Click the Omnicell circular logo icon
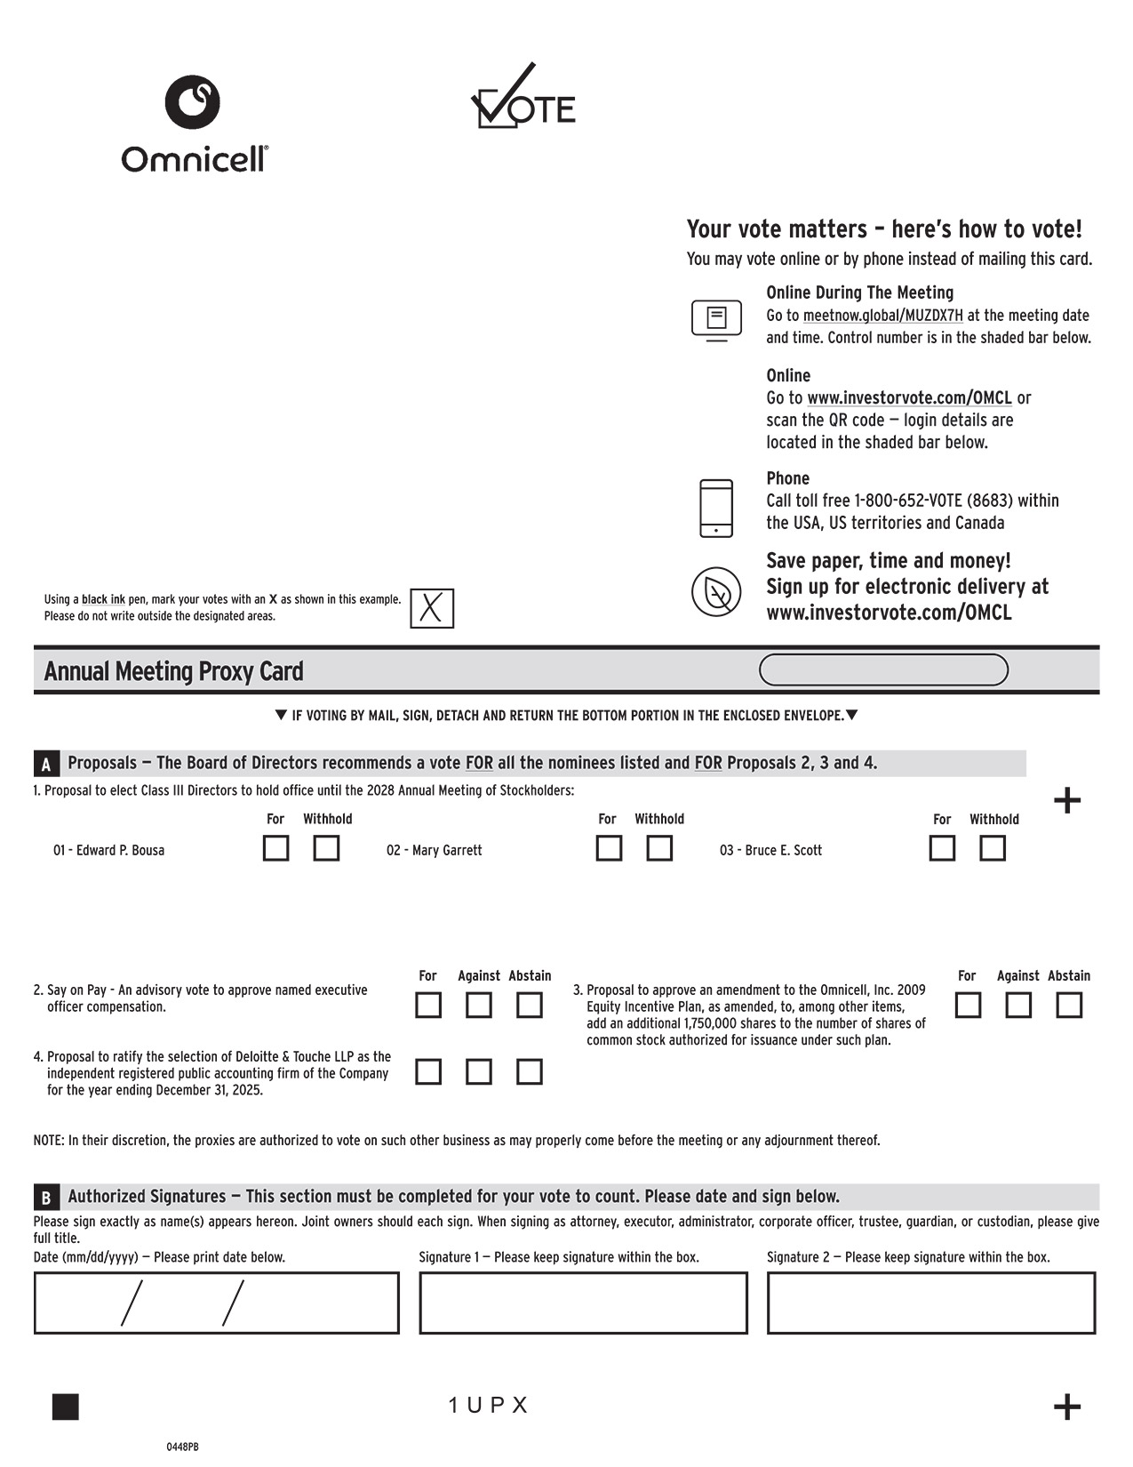click(x=192, y=101)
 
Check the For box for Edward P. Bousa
click(x=275, y=848)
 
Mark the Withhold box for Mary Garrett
click(x=658, y=848)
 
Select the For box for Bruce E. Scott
click(x=942, y=848)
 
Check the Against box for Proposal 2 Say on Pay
click(x=479, y=1005)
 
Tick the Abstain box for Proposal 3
click(x=1069, y=1005)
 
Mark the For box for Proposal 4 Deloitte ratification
click(x=428, y=1071)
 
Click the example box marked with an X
click(x=432, y=609)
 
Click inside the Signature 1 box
click(x=583, y=1303)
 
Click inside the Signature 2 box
click(x=930, y=1303)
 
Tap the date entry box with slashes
click(x=216, y=1303)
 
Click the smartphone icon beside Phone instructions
click(x=716, y=508)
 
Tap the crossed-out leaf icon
click(x=716, y=591)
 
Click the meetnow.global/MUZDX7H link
click(x=882, y=316)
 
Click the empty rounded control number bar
click(x=883, y=669)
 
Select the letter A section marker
click(x=46, y=764)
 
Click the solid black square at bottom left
click(x=66, y=1407)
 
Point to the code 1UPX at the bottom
click(x=488, y=1405)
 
